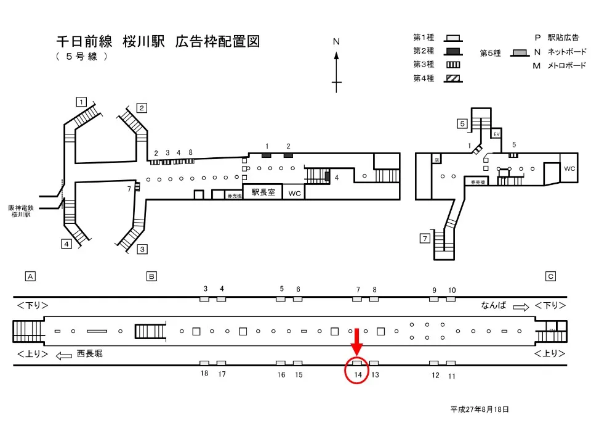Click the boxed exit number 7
425,238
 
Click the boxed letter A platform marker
30,276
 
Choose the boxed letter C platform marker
551,276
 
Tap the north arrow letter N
336,42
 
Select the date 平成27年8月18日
480,409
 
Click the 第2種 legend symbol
454,51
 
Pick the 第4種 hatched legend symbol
454,78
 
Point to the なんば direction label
493,305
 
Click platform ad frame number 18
204,374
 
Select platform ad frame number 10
452,290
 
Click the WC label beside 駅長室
295,194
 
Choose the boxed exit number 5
462,123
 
